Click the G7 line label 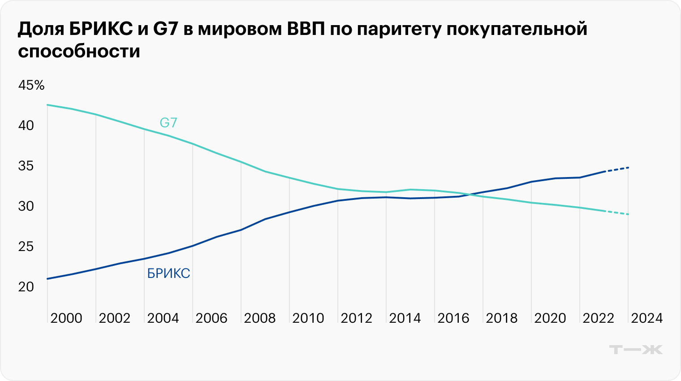[168, 122]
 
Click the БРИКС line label [168, 273]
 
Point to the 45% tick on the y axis [31, 85]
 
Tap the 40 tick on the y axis [26, 126]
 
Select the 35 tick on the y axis [26, 166]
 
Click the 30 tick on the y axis [26, 206]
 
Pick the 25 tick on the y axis [26, 247]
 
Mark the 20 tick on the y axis [26, 287]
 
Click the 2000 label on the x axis [66, 318]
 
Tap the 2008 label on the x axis [260, 318]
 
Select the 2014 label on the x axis [405, 318]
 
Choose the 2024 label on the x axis [647, 318]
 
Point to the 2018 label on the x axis [502, 318]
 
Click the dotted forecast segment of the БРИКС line [617, 169]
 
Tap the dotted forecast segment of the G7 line [617, 212]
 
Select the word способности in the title [79, 51]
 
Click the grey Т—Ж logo [636, 350]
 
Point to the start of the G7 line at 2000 [48, 105]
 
